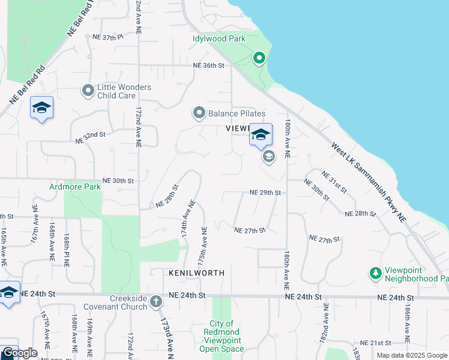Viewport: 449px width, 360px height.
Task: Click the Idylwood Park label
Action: pyautogui.click(x=219, y=39)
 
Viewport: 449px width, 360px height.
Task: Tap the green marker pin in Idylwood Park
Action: pyautogui.click(x=259, y=58)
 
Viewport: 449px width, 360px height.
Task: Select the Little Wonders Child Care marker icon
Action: pyautogui.click(x=88, y=91)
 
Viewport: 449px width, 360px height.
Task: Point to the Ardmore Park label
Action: pyautogui.click(x=75, y=187)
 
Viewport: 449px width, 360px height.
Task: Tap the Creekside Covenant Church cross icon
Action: pyautogui.click(x=156, y=301)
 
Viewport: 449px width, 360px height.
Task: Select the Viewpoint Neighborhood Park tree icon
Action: pyautogui.click(x=376, y=274)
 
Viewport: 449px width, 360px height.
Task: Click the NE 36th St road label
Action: pyautogui.click(x=208, y=65)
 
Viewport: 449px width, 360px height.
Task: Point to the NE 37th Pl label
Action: pyautogui.click(x=107, y=37)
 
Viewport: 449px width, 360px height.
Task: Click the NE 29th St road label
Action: pyautogui.click(x=265, y=193)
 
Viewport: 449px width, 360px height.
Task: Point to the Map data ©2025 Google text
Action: pyautogui.click(x=412, y=355)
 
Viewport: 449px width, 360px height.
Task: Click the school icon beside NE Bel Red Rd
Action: pyautogui.click(x=41, y=107)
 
